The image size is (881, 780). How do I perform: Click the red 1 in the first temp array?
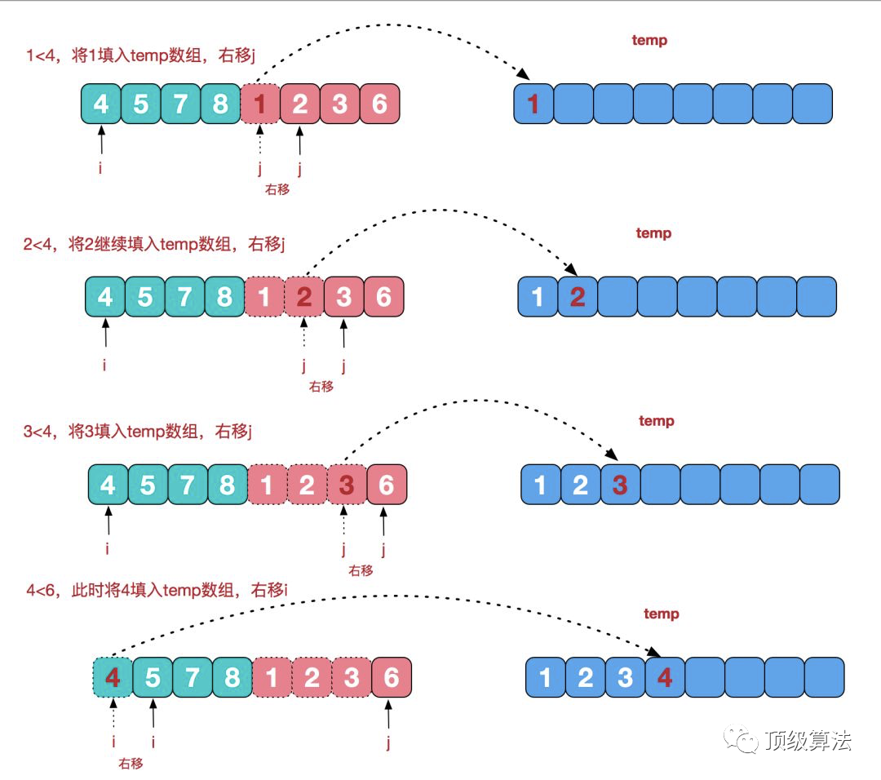(x=533, y=104)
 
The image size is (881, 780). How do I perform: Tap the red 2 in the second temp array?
(x=578, y=297)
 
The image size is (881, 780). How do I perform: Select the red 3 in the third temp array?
(x=620, y=485)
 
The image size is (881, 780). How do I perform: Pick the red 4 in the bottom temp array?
(x=665, y=678)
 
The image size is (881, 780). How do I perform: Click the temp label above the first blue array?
(x=649, y=40)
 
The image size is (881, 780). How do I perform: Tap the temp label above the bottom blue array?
(x=661, y=614)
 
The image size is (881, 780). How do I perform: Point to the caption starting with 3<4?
(x=139, y=431)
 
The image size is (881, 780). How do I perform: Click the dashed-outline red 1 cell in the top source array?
(x=260, y=104)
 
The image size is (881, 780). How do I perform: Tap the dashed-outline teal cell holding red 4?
(x=113, y=678)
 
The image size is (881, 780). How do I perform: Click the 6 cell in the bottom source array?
(x=392, y=678)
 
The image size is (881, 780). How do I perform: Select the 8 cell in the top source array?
(x=220, y=104)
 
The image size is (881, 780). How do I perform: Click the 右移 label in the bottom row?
(x=131, y=764)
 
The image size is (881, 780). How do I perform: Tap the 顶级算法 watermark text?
(x=808, y=740)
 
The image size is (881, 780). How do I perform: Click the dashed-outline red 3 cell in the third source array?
(x=346, y=485)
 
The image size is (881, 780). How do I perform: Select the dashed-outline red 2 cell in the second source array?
(x=304, y=297)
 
